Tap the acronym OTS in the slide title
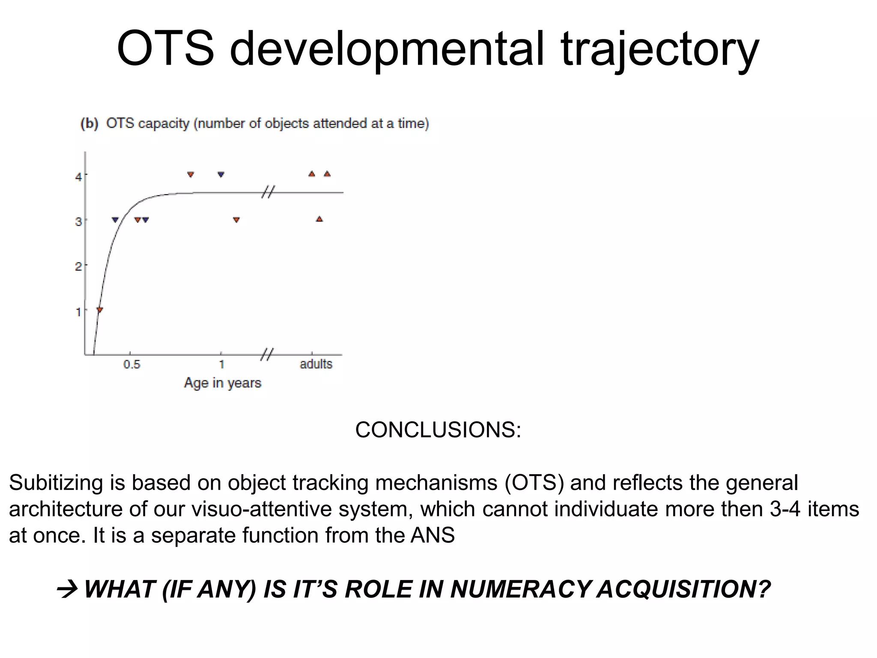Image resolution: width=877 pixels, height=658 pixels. coord(165,48)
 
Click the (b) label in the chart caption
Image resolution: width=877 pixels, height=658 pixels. coord(89,124)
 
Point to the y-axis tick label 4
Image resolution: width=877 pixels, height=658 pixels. coord(78,176)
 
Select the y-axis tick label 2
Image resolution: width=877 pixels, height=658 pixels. coord(78,266)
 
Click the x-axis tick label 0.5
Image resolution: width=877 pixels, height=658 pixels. coord(131,365)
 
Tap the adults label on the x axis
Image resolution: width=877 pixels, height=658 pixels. coord(316,364)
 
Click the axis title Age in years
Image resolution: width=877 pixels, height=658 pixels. coord(222,383)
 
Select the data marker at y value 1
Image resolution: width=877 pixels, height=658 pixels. coord(99,310)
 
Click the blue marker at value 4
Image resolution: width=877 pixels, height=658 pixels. coord(221,174)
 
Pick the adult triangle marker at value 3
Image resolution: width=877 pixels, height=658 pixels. coord(319,219)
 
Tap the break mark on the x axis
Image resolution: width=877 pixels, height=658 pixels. coord(267,354)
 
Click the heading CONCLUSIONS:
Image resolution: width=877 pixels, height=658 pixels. coord(438,430)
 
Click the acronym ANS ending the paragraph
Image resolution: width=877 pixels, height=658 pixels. coord(433,535)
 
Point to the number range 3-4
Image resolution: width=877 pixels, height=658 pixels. coord(785,509)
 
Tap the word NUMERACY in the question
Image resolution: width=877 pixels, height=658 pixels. coord(520,589)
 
